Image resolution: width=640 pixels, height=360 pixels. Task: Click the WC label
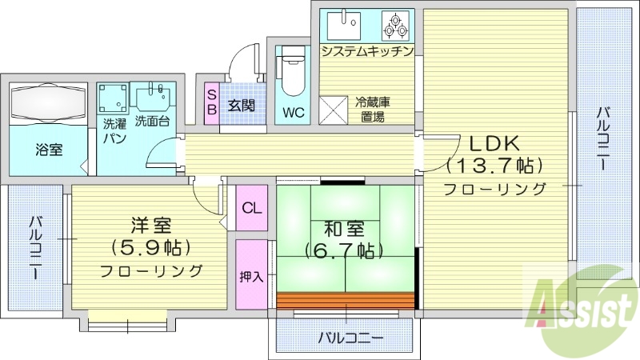[x=293, y=112]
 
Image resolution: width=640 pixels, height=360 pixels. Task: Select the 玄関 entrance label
[x=241, y=105]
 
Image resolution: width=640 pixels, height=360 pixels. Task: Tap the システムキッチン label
[x=367, y=52]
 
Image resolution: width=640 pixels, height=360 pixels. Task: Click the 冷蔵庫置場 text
[x=373, y=109]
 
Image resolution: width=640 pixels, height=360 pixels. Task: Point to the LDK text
[x=494, y=144]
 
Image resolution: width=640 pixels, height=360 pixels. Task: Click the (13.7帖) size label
[x=494, y=166]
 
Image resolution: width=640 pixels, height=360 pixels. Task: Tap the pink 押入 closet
[x=251, y=277]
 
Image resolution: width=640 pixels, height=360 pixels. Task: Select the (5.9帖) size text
[x=150, y=246]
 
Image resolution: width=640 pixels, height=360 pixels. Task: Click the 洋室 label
[x=150, y=225]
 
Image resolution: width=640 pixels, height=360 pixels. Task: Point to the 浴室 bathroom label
[x=48, y=150]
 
